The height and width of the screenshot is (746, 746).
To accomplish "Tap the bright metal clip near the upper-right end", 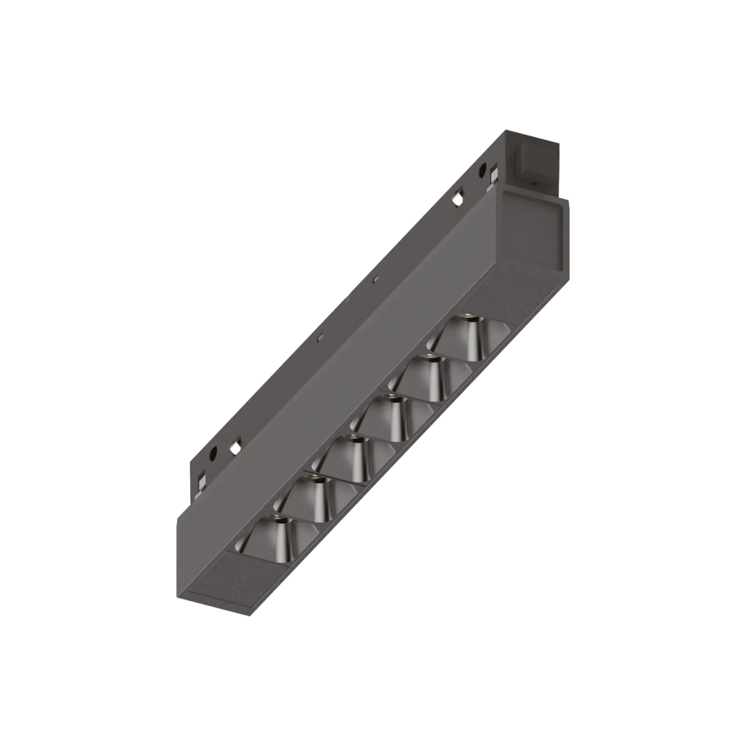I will point(457,197).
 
